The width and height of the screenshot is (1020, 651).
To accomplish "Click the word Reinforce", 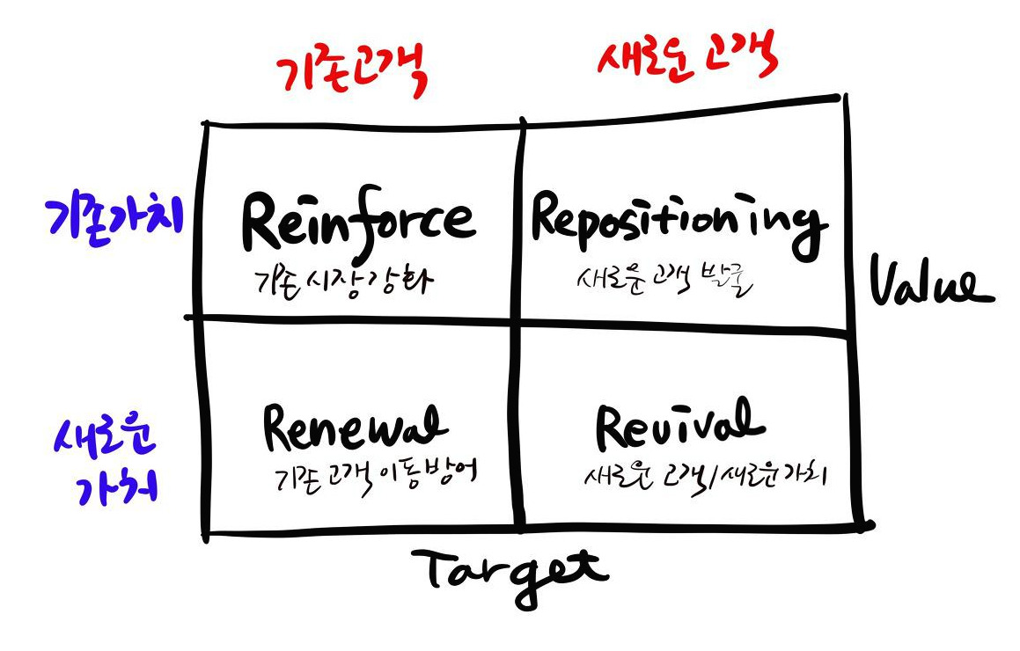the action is click(358, 223).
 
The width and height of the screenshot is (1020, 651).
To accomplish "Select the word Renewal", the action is click(354, 429).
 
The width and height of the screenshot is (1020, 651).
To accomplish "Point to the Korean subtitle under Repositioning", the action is click(662, 282).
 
